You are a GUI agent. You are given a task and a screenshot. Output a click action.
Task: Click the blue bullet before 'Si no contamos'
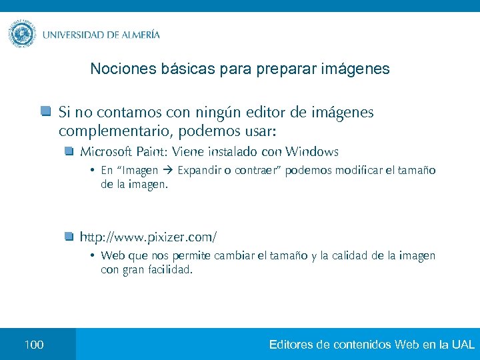45,111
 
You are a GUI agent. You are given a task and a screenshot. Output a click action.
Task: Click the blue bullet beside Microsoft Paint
69,151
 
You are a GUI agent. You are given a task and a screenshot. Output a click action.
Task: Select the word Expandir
199,171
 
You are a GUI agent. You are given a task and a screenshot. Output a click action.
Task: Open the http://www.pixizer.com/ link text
148,237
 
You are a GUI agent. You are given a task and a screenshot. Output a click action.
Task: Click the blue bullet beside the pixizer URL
69,236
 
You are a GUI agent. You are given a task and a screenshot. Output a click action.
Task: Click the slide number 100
33,345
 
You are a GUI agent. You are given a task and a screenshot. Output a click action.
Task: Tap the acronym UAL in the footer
463,345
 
